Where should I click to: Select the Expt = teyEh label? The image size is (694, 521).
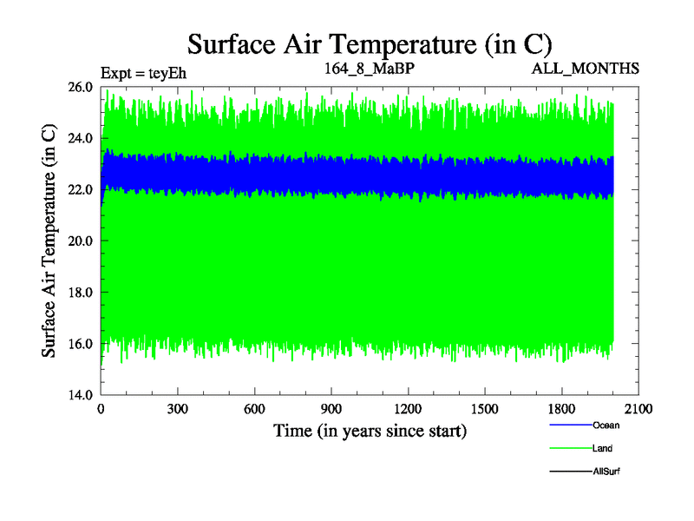pos(144,73)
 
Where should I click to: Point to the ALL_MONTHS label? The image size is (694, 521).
pos(586,68)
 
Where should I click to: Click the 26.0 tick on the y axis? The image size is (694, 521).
pos(81,87)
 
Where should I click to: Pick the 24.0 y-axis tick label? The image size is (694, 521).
pos(81,138)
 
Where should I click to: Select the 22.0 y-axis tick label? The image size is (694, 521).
pos(81,189)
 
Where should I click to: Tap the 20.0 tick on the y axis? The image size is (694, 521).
pos(81,241)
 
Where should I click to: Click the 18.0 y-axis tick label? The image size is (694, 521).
pos(81,292)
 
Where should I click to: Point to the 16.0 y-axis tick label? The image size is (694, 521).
pos(81,343)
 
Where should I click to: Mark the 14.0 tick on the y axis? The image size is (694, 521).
pos(81,394)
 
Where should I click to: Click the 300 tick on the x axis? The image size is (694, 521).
pos(178,409)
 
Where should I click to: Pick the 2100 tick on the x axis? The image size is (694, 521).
pos(638,409)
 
